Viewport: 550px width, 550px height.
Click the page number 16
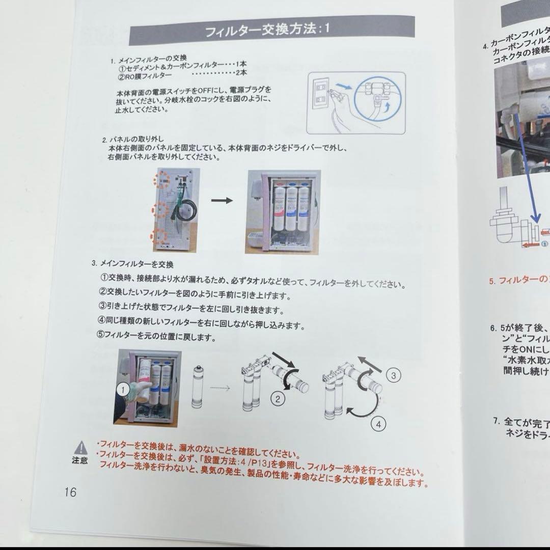click(x=70, y=492)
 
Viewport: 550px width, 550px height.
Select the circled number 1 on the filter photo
click(x=122, y=390)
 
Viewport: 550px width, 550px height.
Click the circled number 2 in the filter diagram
click(x=278, y=399)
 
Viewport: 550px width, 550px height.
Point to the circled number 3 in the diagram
click(x=393, y=376)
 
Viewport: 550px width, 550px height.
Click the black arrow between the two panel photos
click(x=222, y=200)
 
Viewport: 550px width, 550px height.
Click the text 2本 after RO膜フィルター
click(x=241, y=76)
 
